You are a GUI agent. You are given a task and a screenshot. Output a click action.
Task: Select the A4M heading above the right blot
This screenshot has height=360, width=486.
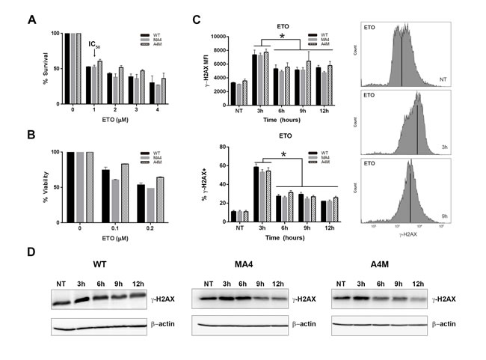381,265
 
